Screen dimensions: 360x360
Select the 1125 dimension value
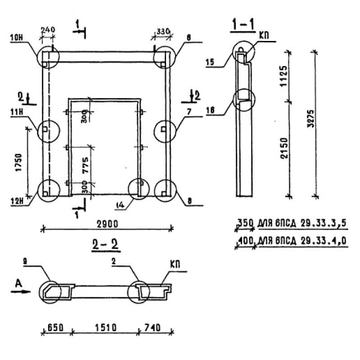click(284, 75)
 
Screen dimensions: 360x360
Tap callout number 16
click(210, 110)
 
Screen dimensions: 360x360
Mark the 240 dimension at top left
click(48, 30)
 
